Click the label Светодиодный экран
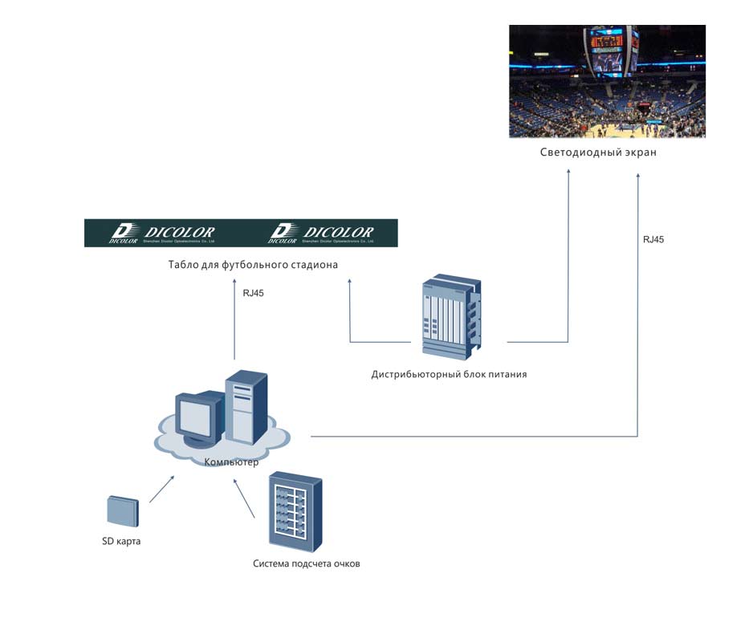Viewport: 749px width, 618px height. [598, 152]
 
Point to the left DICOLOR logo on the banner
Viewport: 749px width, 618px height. [162, 233]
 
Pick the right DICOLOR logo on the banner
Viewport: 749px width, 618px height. [321, 233]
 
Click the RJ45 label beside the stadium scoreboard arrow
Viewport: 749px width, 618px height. [253, 293]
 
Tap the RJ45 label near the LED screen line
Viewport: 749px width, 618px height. [653, 239]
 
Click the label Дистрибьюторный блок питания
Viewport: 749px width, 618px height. [449, 374]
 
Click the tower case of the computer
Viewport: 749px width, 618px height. [246, 407]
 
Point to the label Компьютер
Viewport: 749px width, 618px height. [232, 462]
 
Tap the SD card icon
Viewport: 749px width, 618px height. [122, 510]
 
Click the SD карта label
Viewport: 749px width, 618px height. [116, 541]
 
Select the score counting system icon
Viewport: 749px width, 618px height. [295, 510]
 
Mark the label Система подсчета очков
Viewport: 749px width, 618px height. [307, 563]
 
